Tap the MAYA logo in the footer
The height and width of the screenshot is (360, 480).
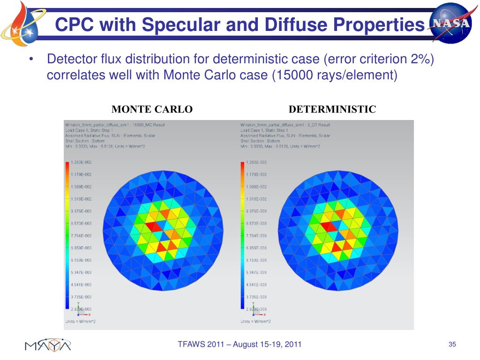[48, 345]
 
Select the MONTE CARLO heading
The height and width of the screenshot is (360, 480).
[152, 110]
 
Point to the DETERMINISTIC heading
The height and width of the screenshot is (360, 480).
[332, 110]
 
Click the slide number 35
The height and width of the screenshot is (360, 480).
[452, 345]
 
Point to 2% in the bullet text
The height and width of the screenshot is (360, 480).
[420, 60]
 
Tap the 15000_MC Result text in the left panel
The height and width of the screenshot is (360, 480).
[146, 125]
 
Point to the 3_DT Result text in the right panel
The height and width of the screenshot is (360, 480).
[317, 125]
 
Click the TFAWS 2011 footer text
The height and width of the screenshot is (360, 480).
[240, 345]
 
